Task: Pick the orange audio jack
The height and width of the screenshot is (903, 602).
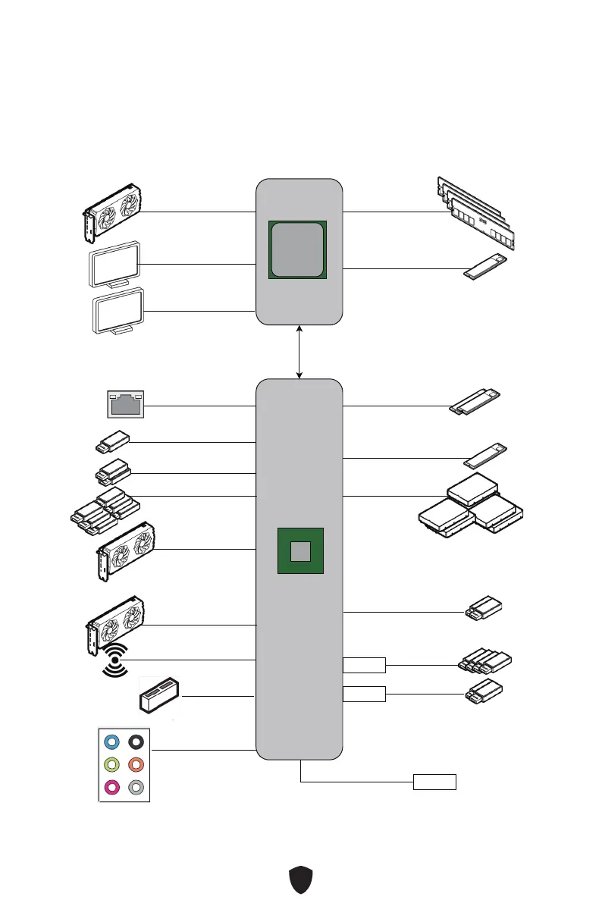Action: [x=136, y=765]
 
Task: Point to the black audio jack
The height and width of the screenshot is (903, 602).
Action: [x=136, y=742]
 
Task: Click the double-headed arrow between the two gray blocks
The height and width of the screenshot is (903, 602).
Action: [x=300, y=352]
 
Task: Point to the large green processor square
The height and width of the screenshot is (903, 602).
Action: [x=299, y=251]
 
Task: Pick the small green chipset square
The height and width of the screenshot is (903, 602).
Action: [x=301, y=551]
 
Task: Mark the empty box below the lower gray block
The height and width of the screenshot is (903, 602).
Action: [x=434, y=782]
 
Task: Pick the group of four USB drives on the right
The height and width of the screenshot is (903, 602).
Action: [x=485, y=661]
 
